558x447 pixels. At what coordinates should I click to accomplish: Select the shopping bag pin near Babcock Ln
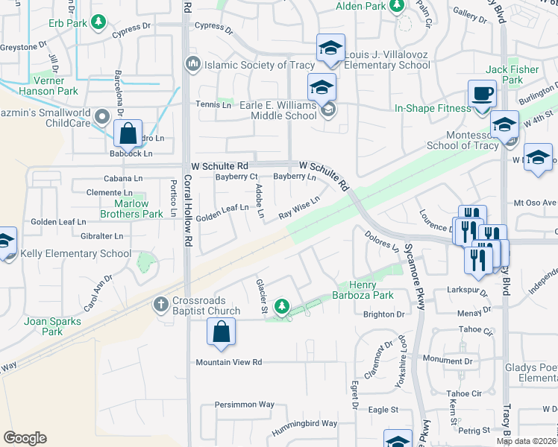coord(128,134)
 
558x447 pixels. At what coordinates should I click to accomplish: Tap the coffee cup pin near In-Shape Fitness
coord(482,95)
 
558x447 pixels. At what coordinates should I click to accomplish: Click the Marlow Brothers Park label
coord(138,209)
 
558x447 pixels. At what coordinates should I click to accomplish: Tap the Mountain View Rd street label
coord(229,363)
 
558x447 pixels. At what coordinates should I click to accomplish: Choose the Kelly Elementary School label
coord(77,254)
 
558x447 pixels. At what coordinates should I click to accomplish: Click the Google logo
coord(25,438)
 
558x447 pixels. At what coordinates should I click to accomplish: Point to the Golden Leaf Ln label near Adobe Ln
coord(223,212)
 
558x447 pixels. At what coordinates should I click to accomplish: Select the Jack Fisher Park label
coord(512,74)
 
